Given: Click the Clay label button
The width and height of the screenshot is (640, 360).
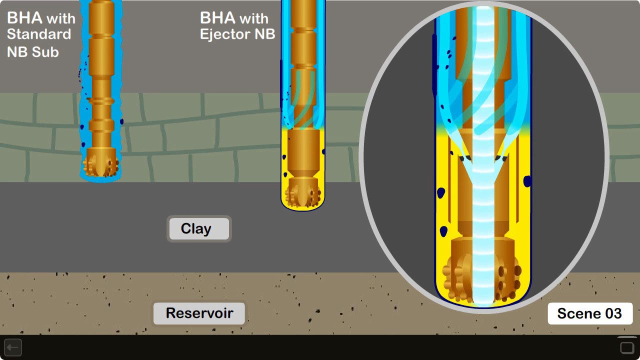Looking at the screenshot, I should tap(198, 229).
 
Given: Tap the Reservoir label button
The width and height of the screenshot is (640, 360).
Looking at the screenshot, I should tap(199, 313).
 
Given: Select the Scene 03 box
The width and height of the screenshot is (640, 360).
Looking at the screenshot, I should tap(590, 313).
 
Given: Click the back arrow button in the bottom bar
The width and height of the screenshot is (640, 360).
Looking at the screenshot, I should tap(13, 347).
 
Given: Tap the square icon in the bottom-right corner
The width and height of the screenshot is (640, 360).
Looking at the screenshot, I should tap(627, 347).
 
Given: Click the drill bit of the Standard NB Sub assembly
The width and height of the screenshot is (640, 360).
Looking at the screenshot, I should tap(101, 163).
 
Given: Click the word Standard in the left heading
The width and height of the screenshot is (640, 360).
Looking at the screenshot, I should tap(39, 35).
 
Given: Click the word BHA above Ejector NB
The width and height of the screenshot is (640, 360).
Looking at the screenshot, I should tap(218, 18).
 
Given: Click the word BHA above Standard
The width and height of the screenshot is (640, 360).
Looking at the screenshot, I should tap(24, 18).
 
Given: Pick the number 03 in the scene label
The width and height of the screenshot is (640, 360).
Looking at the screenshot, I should tap(613, 313).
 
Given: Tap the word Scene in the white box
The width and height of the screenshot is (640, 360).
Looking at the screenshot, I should tap(578, 313).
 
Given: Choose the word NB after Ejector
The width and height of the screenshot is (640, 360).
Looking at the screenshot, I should tap(264, 35).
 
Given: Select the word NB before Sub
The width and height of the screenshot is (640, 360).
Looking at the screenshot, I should tap(18, 52).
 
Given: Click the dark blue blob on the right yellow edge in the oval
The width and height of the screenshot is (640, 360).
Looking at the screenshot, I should tap(527, 181).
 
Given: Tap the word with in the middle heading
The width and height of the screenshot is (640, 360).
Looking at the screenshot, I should tap(254, 19).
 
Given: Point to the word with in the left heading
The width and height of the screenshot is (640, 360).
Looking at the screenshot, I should tap(60, 19).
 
